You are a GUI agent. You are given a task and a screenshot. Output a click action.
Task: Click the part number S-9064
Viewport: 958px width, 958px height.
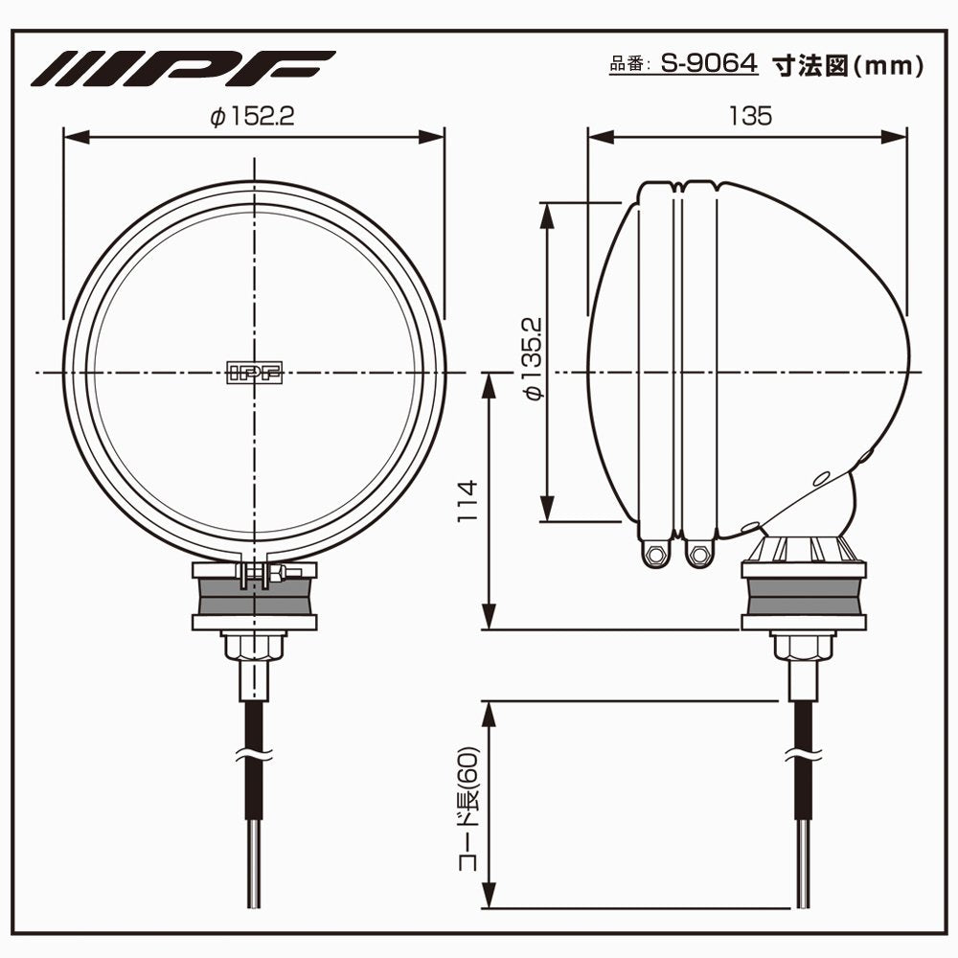(709, 64)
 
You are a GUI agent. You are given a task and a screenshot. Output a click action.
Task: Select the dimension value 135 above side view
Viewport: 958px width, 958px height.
(748, 116)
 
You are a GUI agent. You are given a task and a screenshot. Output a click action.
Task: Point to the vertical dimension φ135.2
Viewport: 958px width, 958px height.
(534, 359)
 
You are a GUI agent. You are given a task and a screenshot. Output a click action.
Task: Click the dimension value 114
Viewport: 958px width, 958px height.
(467, 501)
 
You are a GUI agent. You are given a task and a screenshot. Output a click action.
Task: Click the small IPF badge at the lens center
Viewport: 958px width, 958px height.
(255, 374)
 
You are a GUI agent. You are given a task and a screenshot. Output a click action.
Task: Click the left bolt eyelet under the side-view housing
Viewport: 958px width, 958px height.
(655, 553)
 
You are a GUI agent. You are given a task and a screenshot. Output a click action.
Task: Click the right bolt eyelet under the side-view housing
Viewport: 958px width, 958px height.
(700, 553)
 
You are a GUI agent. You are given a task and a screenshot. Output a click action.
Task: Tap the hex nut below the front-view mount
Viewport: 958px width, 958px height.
(254, 647)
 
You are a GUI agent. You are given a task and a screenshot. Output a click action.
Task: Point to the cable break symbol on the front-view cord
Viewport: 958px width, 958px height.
(254, 753)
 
